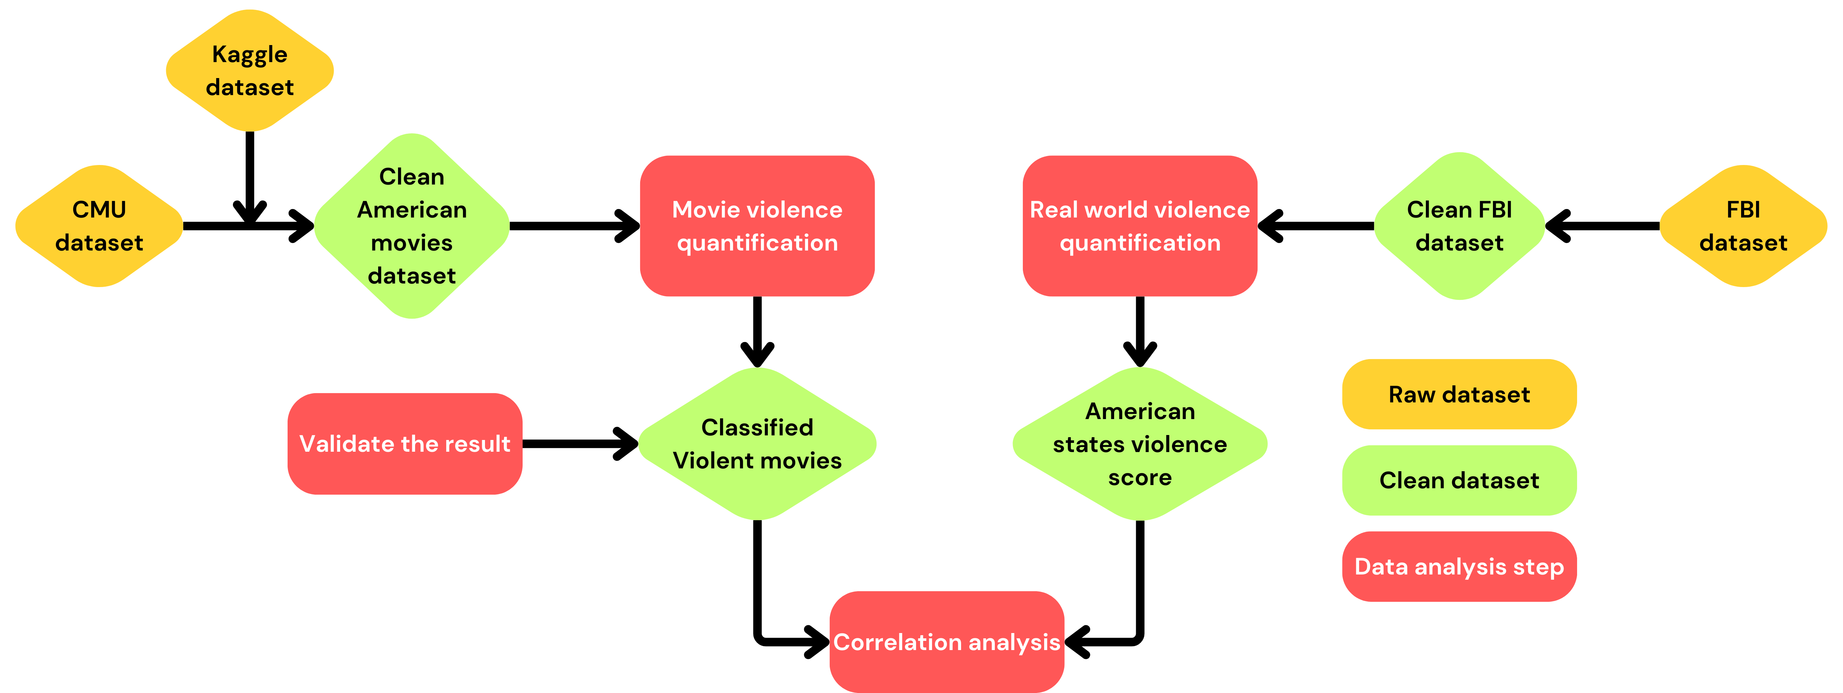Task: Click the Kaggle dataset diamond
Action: [x=250, y=71]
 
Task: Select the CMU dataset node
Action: [x=99, y=226]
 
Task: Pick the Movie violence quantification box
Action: [x=757, y=226]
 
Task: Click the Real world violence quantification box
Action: [x=1140, y=226]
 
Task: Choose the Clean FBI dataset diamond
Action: [x=1460, y=226]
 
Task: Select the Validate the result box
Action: [x=405, y=444]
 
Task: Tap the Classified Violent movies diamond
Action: [x=757, y=444]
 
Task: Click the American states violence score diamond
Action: [x=1140, y=444]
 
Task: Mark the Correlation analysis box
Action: [x=947, y=642]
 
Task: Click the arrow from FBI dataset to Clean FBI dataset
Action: [x=1603, y=226]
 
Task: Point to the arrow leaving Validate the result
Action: [x=579, y=444]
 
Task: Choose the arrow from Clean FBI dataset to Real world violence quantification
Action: [x=1316, y=226]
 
